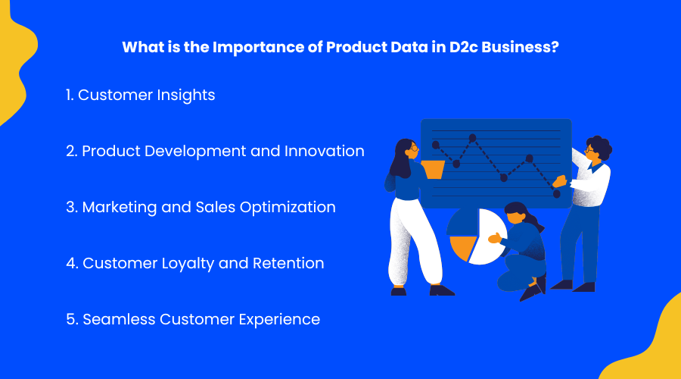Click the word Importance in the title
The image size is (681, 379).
coord(257,46)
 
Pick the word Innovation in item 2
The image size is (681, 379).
coord(324,151)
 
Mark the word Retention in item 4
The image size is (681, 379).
coord(287,263)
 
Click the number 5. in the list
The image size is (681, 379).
coord(72,319)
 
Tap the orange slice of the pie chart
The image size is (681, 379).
coord(462,247)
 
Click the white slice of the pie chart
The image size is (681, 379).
coord(488,235)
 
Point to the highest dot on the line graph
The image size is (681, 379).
coord(473,138)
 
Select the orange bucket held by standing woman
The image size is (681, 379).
coord(433,168)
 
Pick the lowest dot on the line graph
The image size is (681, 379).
coord(557,194)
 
